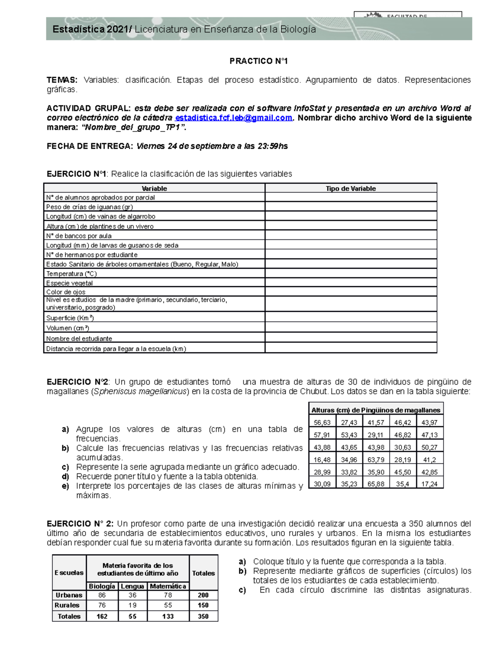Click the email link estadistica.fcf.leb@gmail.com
pos(233,118)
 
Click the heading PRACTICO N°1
pos(259,61)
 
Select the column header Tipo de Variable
pos(350,188)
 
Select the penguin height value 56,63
pos(322,423)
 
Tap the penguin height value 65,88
pos(376,484)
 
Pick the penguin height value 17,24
pos(429,484)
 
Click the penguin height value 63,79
pos(376,460)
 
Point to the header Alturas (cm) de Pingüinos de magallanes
pos(376,410)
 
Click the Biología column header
pos(102,586)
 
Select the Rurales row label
pos(67,605)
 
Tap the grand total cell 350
pos(203,617)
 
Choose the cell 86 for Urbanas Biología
pos(102,595)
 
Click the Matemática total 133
pos(168,617)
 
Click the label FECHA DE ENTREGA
pos(90,146)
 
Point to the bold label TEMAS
pos(62,80)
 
